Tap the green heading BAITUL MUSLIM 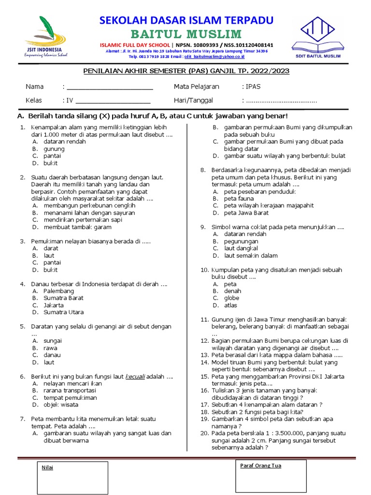click(186, 34)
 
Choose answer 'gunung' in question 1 click(54, 149)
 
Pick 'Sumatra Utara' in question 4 click(63, 312)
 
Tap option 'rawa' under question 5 click(50, 348)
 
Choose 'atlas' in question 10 click(231, 306)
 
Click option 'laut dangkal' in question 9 click(243, 248)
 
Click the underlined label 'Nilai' click(47, 467)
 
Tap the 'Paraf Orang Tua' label click(260, 466)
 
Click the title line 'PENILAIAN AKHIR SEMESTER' click(186, 71)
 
